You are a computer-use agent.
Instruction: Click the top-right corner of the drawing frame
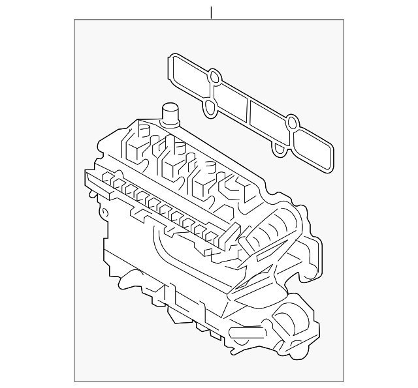click(x=344, y=20)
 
